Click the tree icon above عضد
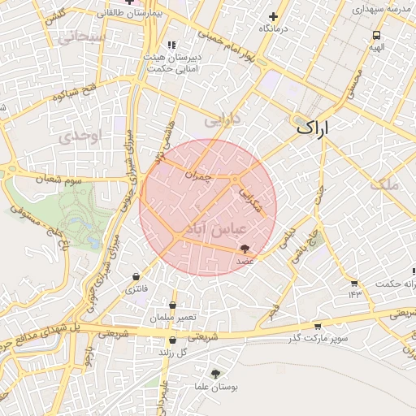pyautogui.click(x=245, y=250)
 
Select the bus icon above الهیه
pyautogui.click(x=376, y=36)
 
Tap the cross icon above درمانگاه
pyautogui.click(x=274, y=16)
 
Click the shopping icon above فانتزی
pyautogui.click(x=135, y=277)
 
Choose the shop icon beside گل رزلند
pyautogui.click(x=171, y=340)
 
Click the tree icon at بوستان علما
pyautogui.click(x=215, y=374)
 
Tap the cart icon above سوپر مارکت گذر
pyautogui.click(x=327, y=326)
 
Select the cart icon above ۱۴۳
pyautogui.click(x=354, y=283)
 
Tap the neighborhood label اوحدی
pyautogui.click(x=78, y=137)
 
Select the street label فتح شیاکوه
pyautogui.click(x=74, y=92)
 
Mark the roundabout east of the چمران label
pyautogui.click(x=235, y=179)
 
